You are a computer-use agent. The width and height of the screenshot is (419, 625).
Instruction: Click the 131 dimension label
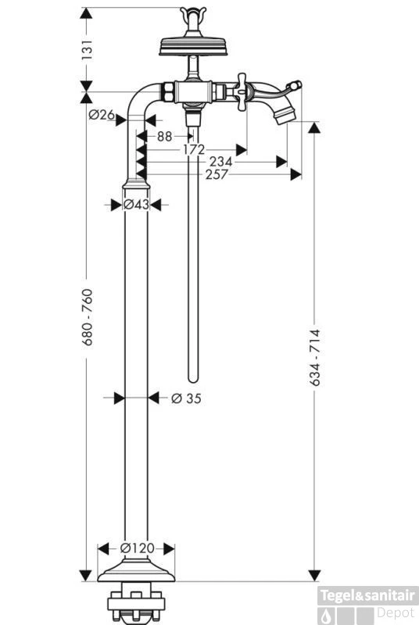click(87, 49)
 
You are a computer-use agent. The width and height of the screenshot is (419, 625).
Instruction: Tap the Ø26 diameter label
click(102, 115)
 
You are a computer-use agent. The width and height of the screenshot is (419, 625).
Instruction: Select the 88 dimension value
click(164, 136)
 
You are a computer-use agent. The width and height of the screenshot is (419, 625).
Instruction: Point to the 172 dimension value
click(194, 150)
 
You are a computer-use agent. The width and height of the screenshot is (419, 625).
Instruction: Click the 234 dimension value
click(220, 162)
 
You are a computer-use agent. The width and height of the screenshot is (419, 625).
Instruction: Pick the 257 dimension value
click(217, 174)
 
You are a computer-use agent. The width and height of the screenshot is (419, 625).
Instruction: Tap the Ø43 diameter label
click(136, 205)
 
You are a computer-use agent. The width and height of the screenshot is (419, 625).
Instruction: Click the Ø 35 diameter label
click(186, 398)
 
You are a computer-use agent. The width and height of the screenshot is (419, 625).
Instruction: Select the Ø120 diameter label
click(137, 548)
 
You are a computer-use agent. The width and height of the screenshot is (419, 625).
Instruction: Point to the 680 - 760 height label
click(87, 317)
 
